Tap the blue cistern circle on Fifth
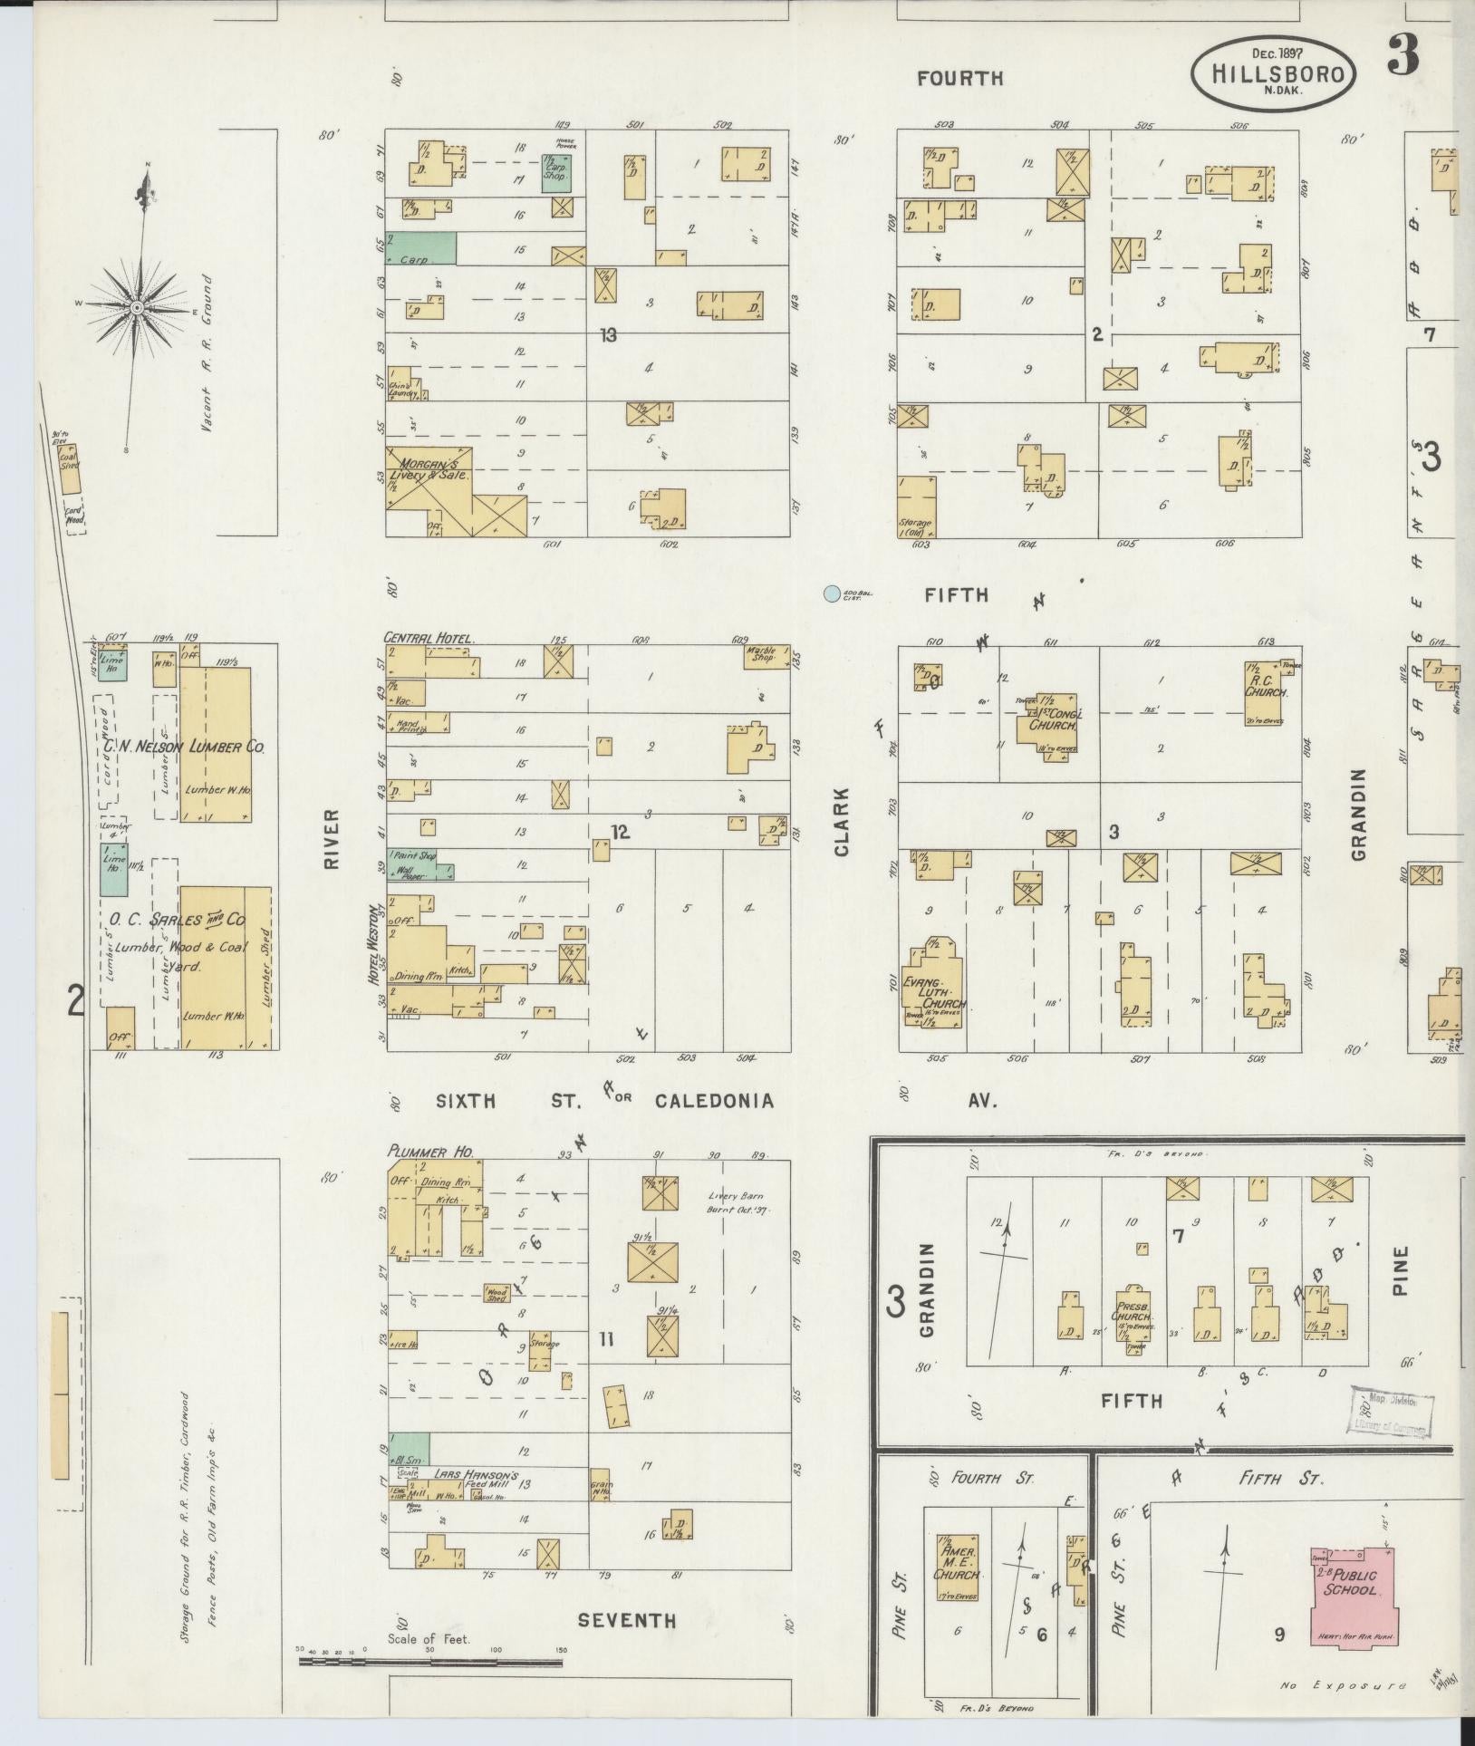pyautogui.click(x=830, y=594)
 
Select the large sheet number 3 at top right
pyautogui.click(x=1403, y=56)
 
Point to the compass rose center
pyautogui.click(x=137, y=308)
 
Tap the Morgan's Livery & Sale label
pyautogui.click(x=428, y=476)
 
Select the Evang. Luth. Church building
pyautogui.click(x=931, y=988)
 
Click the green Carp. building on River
pyautogui.click(x=421, y=248)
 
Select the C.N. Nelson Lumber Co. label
pyautogui.click(x=183, y=747)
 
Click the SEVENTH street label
pyautogui.click(x=627, y=1621)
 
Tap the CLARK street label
pyautogui.click(x=843, y=822)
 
